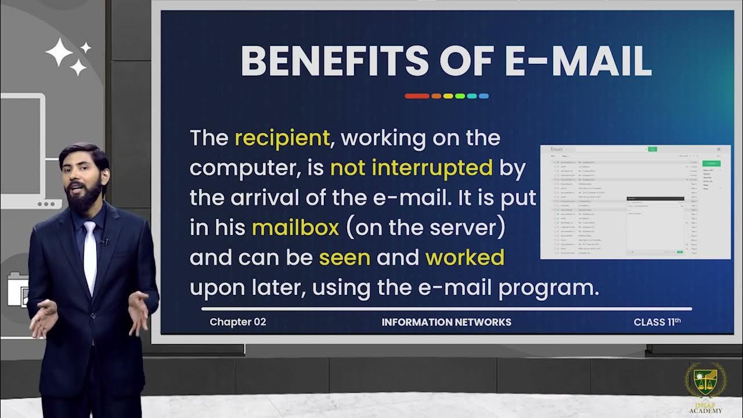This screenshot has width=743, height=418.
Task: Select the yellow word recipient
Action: point(282,138)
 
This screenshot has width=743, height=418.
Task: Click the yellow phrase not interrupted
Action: point(411,168)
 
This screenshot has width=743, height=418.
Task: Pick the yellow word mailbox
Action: point(295,228)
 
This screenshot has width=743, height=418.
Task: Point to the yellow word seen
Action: point(345,258)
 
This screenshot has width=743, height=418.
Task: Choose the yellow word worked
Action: point(465,258)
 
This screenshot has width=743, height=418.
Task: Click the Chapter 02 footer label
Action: point(238,322)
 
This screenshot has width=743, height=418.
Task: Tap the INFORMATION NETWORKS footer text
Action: point(446,322)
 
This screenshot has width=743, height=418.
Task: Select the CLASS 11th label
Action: point(657,322)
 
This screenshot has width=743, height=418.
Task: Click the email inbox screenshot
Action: point(635,201)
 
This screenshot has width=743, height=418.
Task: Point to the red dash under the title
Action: point(417,96)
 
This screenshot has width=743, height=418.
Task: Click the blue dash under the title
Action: point(483,96)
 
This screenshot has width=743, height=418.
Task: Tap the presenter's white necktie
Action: point(90,255)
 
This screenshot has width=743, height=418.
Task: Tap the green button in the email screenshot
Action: point(711,163)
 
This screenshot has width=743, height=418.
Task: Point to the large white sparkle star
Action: point(59,52)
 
